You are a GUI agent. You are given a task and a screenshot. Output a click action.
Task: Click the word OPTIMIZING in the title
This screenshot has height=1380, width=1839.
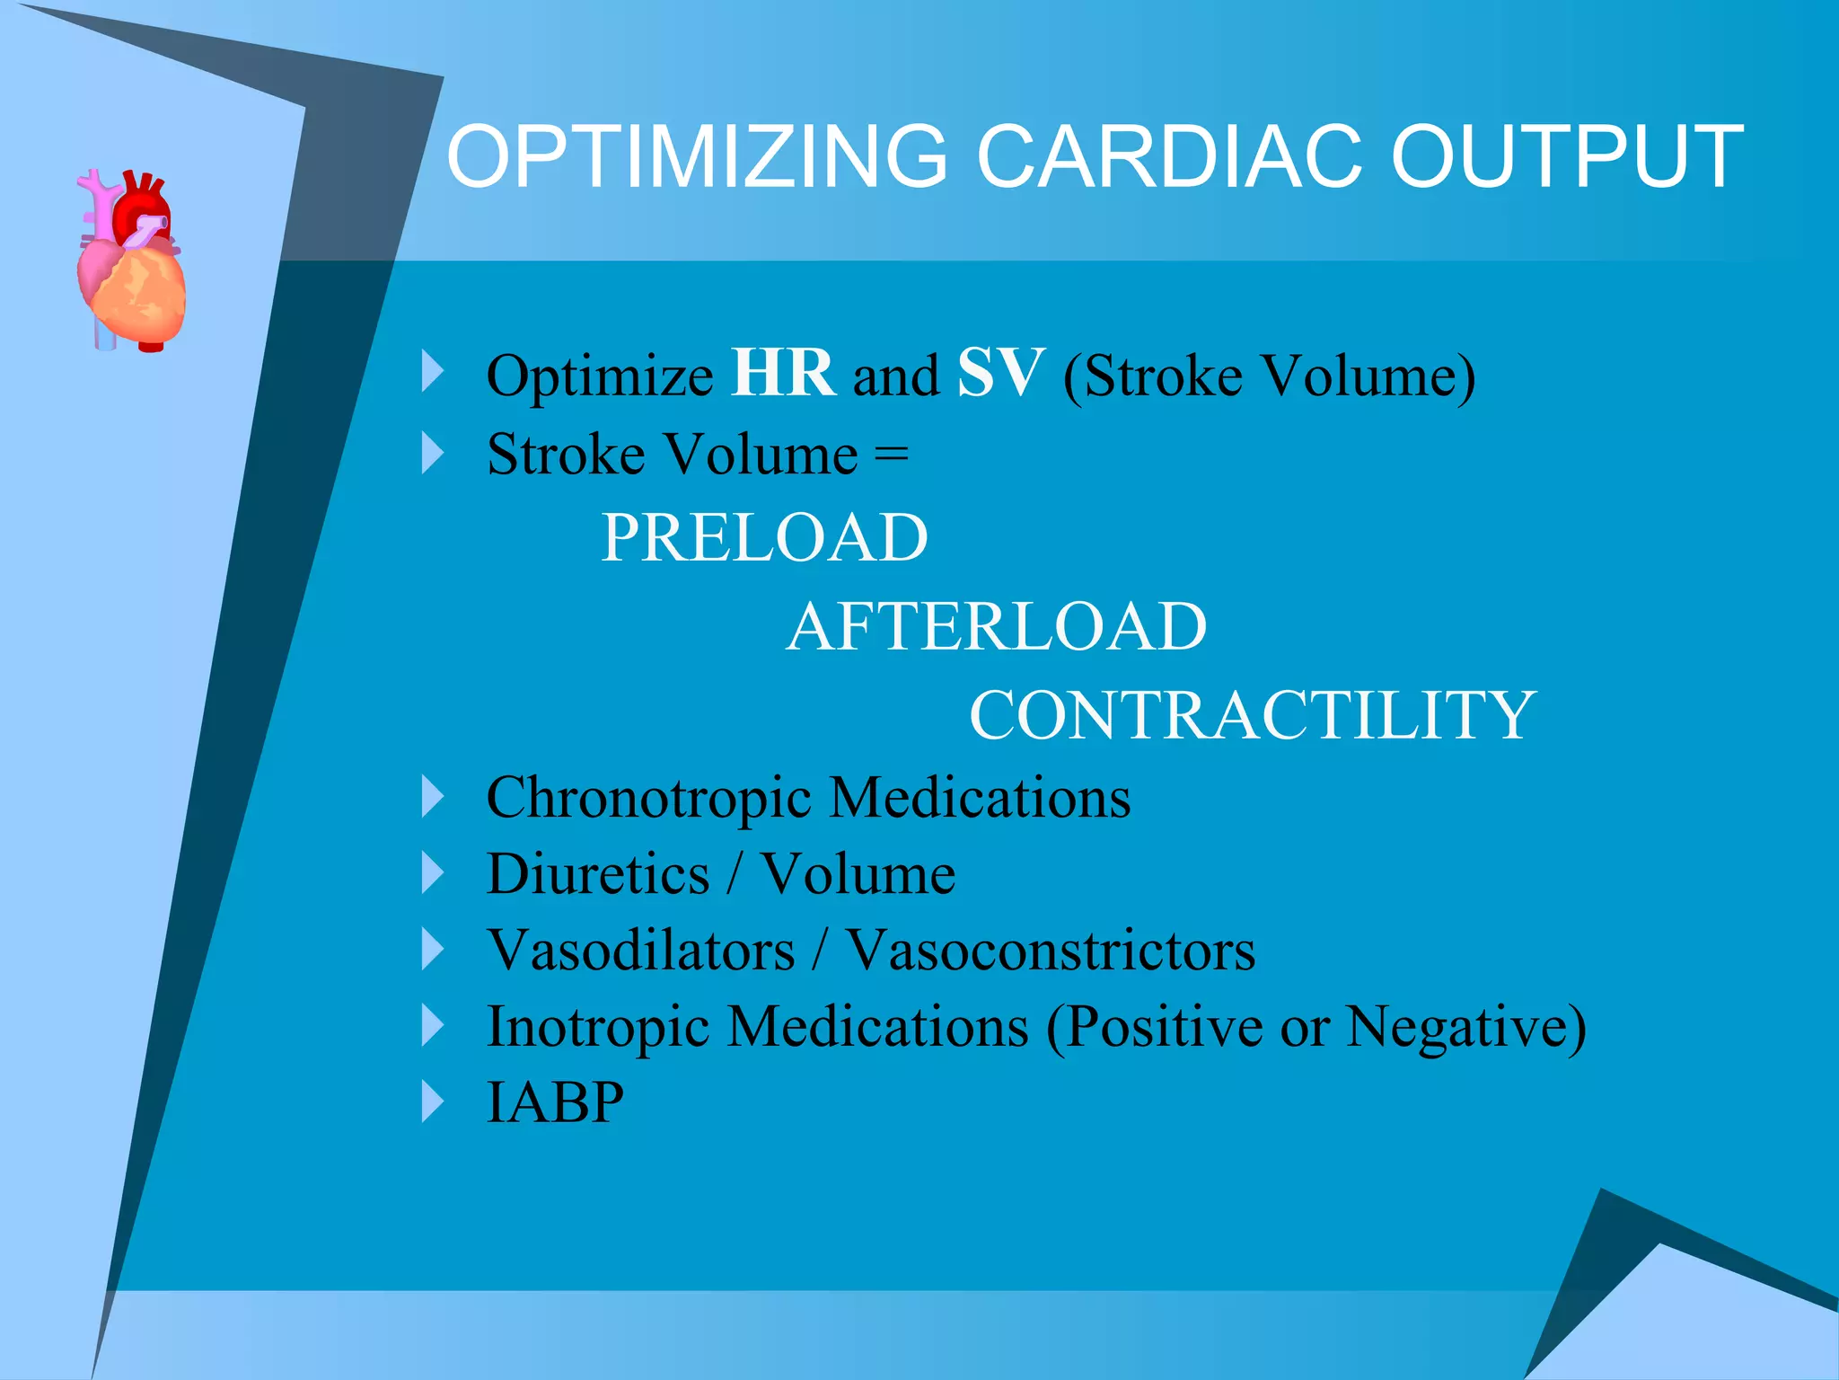tap(697, 157)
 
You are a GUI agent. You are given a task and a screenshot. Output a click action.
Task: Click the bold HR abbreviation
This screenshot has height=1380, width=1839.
tap(783, 373)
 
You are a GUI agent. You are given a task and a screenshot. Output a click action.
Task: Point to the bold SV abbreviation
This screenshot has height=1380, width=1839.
tap(1000, 373)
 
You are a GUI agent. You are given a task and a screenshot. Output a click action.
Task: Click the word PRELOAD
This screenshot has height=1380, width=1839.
tap(764, 538)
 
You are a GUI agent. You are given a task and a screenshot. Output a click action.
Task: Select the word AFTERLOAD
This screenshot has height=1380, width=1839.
tap(997, 627)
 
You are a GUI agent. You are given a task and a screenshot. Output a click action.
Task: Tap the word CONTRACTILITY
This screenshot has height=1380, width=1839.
tap(1253, 716)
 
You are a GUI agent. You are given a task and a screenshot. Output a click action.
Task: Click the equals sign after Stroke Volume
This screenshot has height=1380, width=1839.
tap(891, 455)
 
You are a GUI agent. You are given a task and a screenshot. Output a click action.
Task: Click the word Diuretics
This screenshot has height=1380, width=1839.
tap(598, 874)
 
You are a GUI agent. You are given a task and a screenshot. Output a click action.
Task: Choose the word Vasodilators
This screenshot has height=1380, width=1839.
tap(641, 951)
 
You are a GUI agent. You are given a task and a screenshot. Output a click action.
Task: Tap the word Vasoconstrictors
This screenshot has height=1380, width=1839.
tap(1051, 951)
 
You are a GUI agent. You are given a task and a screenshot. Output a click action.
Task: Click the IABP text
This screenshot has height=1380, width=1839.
tap(555, 1102)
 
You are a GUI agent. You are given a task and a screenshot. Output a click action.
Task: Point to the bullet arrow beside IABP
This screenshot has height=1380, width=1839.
tap(433, 1101)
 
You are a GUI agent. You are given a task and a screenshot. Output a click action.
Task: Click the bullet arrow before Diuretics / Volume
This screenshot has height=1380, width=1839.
tap(433, 873)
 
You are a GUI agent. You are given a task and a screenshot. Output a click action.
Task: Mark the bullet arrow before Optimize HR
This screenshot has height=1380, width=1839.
tap(433, 372)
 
